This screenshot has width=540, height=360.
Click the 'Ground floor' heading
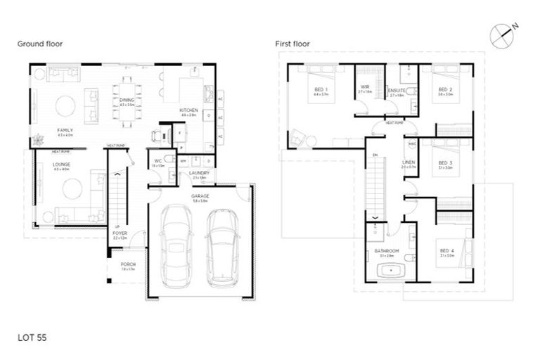pos(40,44)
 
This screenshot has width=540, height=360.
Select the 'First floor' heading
pos(292,44)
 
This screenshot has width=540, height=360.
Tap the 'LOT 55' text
pos(32,337)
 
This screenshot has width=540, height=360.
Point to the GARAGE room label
pos(200,196)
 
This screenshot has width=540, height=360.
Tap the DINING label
pos(127,101)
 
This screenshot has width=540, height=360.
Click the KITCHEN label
pos(188,110)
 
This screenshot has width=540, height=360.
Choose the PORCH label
pos(127,264)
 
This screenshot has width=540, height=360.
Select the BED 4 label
pos(446,251)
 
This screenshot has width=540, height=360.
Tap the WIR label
pos(364,88)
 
